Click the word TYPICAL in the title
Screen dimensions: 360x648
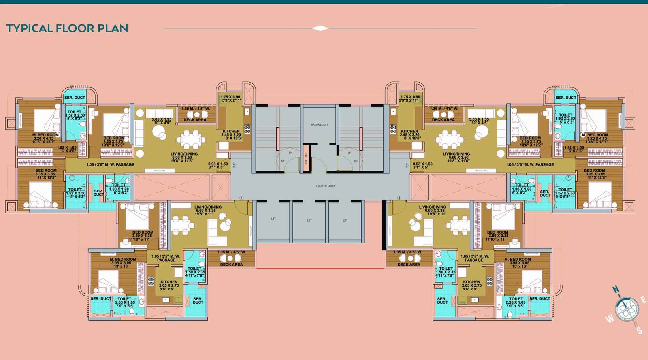[29, 28]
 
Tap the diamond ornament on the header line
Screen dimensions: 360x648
[320, 28]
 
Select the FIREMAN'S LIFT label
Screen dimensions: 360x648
[320, 125]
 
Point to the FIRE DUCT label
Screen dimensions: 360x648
[306, 158]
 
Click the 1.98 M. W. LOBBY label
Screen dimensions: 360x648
[325, 186]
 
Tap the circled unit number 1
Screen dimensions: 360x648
[241, 198]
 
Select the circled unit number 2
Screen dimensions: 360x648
[234, 165]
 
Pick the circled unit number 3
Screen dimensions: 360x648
[407, 165]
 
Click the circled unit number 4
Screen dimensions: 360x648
[399, 198]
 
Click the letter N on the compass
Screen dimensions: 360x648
[616, 290]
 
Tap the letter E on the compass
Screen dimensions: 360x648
[643, 300]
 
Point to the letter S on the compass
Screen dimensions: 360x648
[639, 330]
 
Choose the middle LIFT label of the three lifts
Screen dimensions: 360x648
[309, 220]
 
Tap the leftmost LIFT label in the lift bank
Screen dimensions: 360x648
[273, 219]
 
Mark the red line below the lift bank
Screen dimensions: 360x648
[320, 268]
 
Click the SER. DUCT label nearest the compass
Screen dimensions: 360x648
[539, 299]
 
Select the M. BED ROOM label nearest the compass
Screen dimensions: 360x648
[517, 259]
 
